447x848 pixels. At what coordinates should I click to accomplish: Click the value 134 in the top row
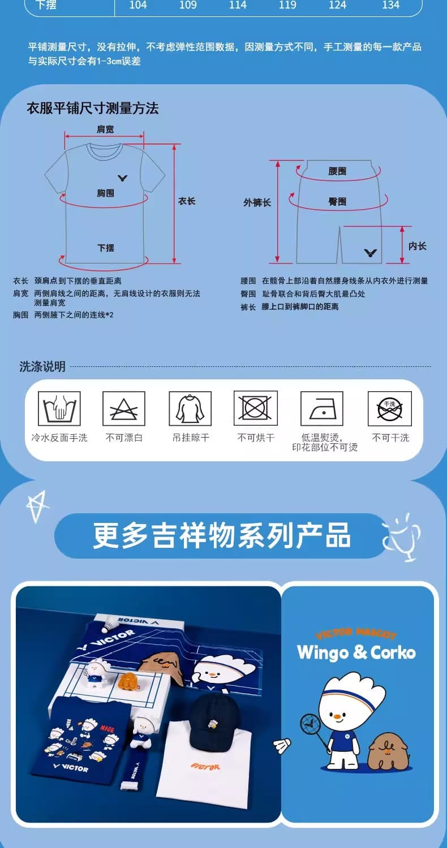click(390, 5)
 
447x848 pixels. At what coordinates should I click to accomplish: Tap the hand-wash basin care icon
click(59, 409)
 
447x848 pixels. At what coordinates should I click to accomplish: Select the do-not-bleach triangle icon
click(124, 409)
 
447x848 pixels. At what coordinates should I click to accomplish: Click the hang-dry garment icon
click(190, 409)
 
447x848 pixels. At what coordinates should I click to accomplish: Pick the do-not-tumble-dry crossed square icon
click(256, 408)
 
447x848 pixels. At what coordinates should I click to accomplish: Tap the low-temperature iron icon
click(321, 409)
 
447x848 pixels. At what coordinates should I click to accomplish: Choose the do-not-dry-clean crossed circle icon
click(390, 409)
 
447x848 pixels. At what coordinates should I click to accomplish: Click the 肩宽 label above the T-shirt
click(105, 129)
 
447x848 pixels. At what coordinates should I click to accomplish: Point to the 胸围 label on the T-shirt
click(105, 193)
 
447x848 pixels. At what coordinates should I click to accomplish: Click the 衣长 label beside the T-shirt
click(187, 201)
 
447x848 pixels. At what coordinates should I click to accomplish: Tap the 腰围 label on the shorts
click(337, 171)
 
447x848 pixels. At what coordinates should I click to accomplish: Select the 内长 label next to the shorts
click(417, 246)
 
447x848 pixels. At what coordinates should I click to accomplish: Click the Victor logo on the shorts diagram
click(370, 253)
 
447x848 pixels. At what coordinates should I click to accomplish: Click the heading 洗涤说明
click(42, 366)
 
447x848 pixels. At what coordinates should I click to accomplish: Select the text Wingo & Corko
click(356, 652)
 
